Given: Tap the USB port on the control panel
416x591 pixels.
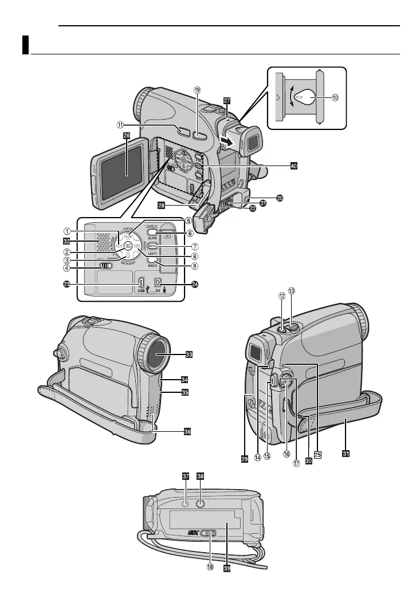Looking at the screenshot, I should [x=141, y=282].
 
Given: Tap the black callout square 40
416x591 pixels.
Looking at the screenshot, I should [x=294, y=166].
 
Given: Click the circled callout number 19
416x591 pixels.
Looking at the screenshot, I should [x=198, y=90].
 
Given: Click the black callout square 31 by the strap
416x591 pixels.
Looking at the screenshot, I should [x=346, y=454].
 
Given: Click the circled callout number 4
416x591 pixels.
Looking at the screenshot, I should [x=68, y=267].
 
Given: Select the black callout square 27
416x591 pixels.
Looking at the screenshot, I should [x=227, y=100].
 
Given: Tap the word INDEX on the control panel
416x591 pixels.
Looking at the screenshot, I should [x=152, y=266].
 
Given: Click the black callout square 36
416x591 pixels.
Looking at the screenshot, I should [x=187, y=432].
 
